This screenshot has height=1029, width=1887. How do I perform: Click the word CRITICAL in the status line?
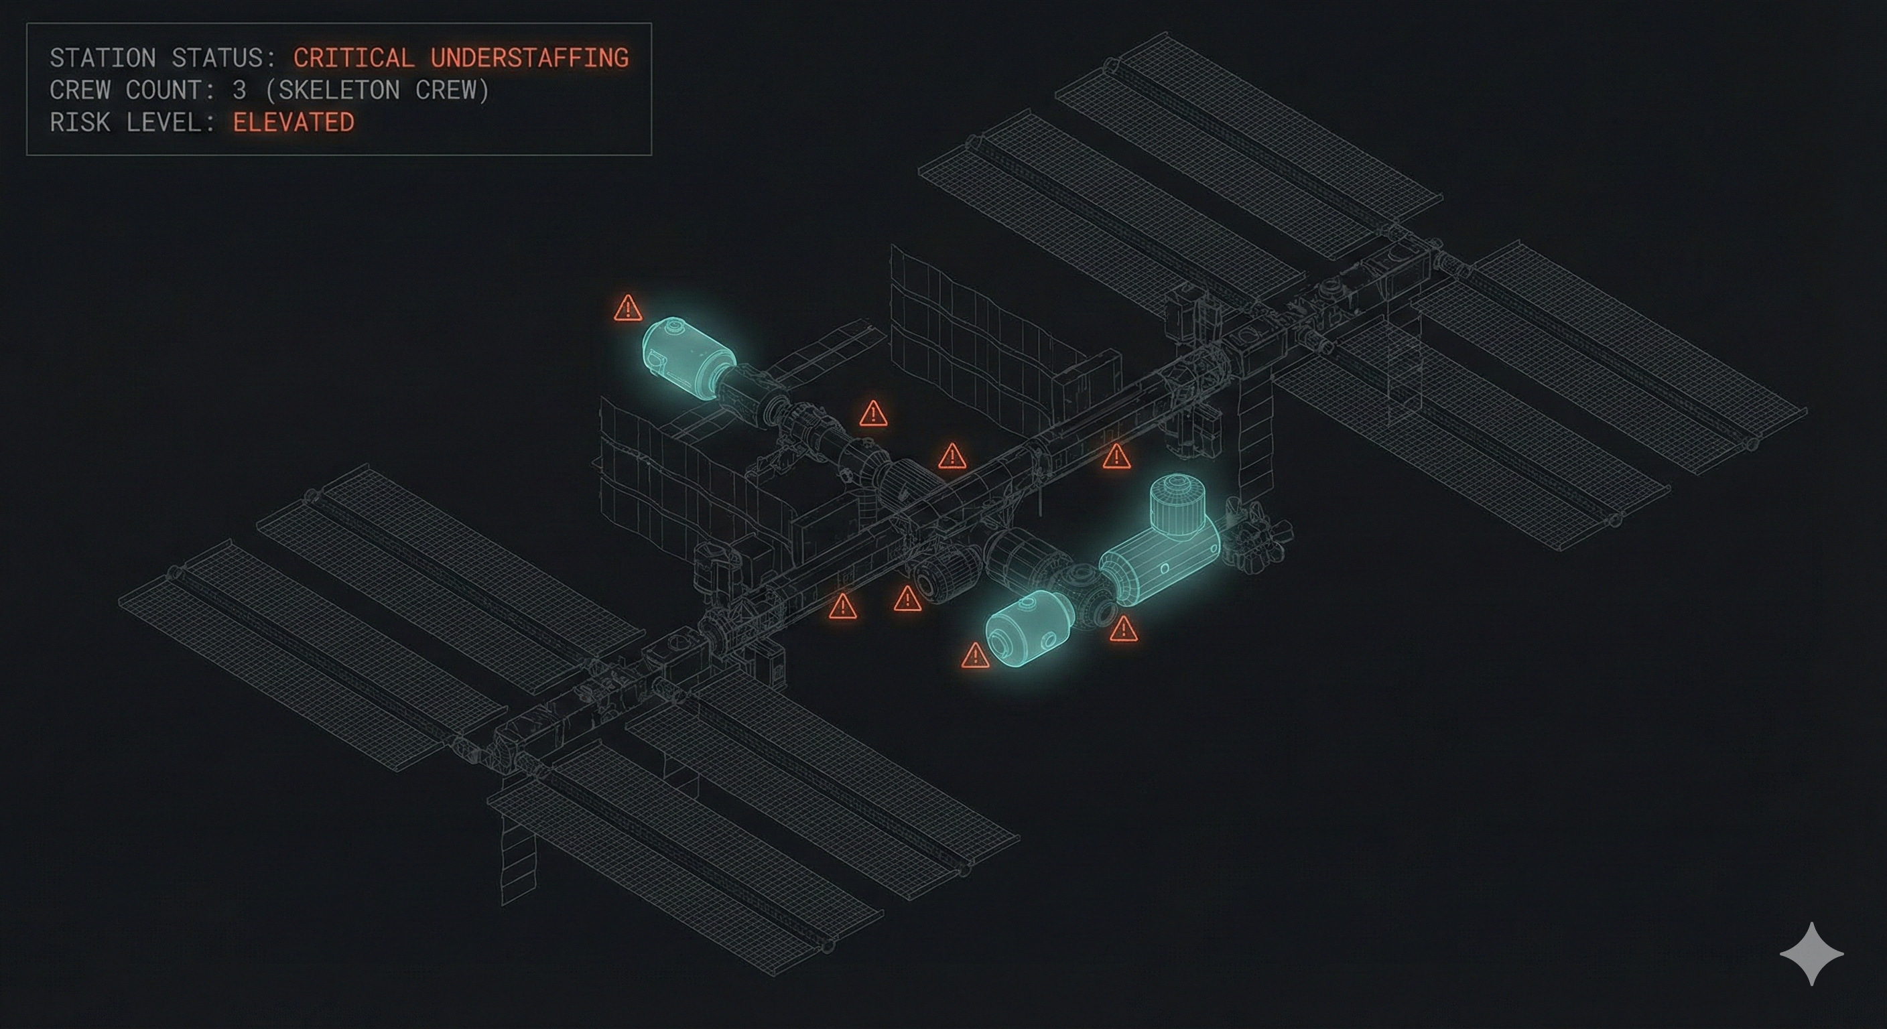354,58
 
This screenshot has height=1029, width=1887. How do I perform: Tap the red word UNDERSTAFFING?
529,58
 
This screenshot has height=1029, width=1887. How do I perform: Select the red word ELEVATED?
293,123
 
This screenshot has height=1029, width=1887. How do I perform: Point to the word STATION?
103,58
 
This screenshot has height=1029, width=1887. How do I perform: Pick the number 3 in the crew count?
239,90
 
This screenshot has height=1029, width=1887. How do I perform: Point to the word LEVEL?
171,123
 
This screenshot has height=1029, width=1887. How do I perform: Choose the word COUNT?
171,90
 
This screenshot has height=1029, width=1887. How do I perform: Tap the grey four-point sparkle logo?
1811,953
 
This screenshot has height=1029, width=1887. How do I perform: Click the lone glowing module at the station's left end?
687,358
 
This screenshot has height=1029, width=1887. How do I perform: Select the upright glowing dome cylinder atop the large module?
1175,504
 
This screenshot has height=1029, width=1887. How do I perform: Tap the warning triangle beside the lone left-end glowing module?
628,309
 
